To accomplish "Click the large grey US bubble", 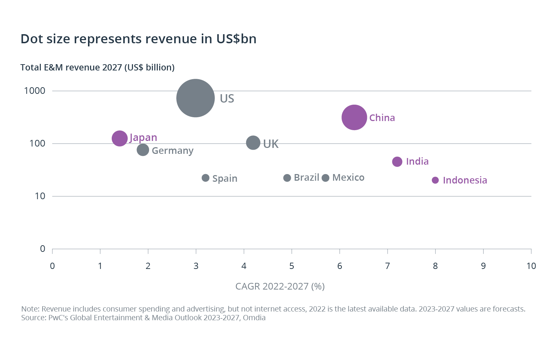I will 196,98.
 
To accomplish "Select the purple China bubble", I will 354,117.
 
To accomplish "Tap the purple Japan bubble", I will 119,138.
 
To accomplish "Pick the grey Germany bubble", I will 143,150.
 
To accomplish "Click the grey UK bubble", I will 253,142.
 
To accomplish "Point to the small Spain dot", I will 206,178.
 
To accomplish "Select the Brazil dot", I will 287,178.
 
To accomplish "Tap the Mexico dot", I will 325,178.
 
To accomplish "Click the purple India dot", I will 397,162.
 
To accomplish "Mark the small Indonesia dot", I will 435,180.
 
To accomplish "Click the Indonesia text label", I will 465,180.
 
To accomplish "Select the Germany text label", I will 172,150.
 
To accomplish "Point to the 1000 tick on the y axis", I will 35,91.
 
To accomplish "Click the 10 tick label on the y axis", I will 40,196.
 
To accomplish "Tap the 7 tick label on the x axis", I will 387,266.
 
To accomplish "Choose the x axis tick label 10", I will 531,266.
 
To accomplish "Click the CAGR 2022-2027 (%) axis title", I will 280,286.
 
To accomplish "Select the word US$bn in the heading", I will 236,39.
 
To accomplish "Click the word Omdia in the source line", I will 254,318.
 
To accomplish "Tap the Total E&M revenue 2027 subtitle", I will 97,67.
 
